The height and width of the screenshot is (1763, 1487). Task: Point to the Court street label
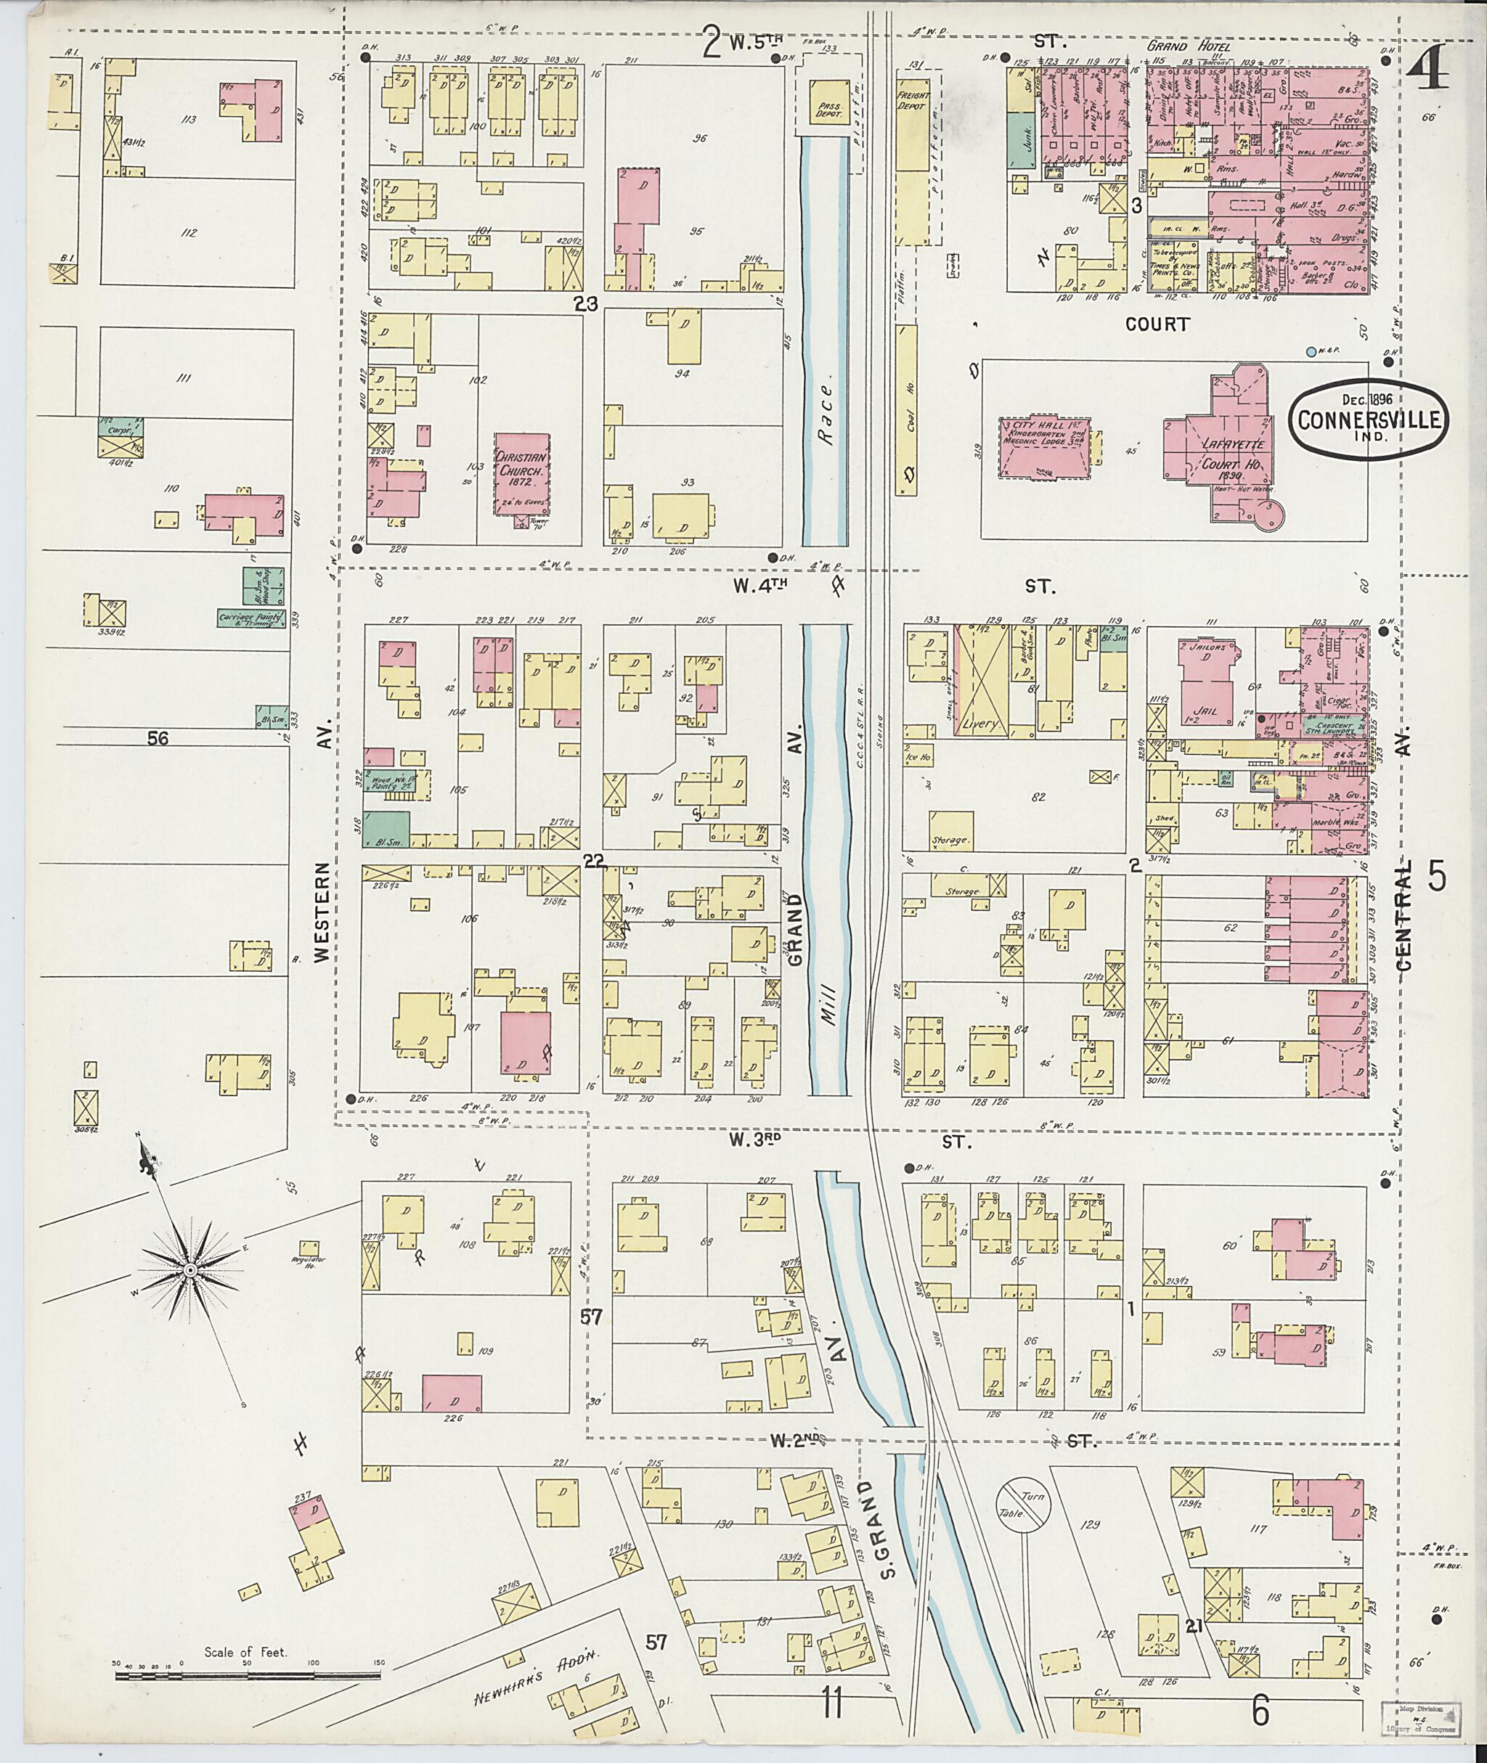click(1157, 324)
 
